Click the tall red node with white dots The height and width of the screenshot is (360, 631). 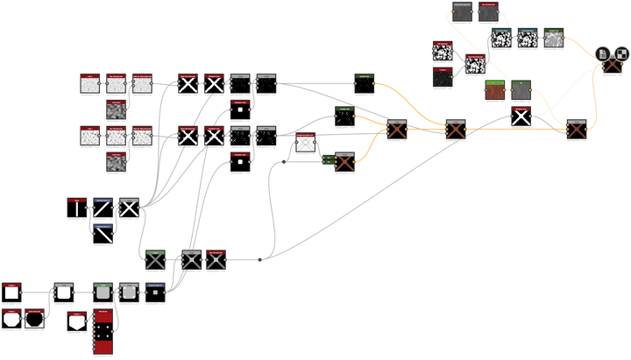(103, 333)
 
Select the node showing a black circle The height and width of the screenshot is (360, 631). (34, 318)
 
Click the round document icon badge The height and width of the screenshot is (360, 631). (604, 53)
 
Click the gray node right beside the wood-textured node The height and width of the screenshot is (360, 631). (521, 89)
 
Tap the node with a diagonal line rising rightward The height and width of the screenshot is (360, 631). (103, 208)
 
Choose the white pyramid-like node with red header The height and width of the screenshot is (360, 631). (305, 143)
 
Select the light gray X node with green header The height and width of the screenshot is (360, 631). (156, 259)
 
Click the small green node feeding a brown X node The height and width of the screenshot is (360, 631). (327, 160)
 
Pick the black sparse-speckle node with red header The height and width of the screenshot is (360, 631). (443, 77)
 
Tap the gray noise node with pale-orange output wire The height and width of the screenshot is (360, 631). (553, 38)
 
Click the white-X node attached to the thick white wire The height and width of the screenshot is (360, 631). (521, 117)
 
